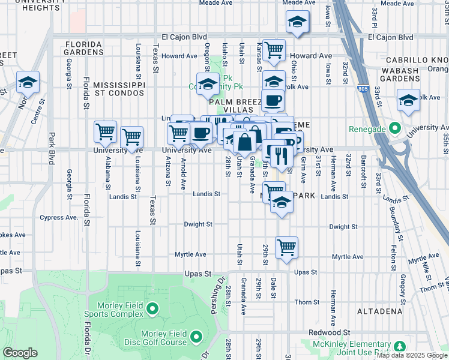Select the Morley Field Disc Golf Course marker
coord(196,338)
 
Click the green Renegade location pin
coord(394,128)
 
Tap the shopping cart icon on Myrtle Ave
coord(287,247)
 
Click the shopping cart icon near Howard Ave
coord(274,51)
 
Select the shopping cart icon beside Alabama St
coord(105,131)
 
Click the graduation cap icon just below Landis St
coord(282,203)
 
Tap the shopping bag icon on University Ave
coord(245,143)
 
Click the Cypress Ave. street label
coord(59,217)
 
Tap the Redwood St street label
coord(330,332)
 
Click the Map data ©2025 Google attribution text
coord(411,355)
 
